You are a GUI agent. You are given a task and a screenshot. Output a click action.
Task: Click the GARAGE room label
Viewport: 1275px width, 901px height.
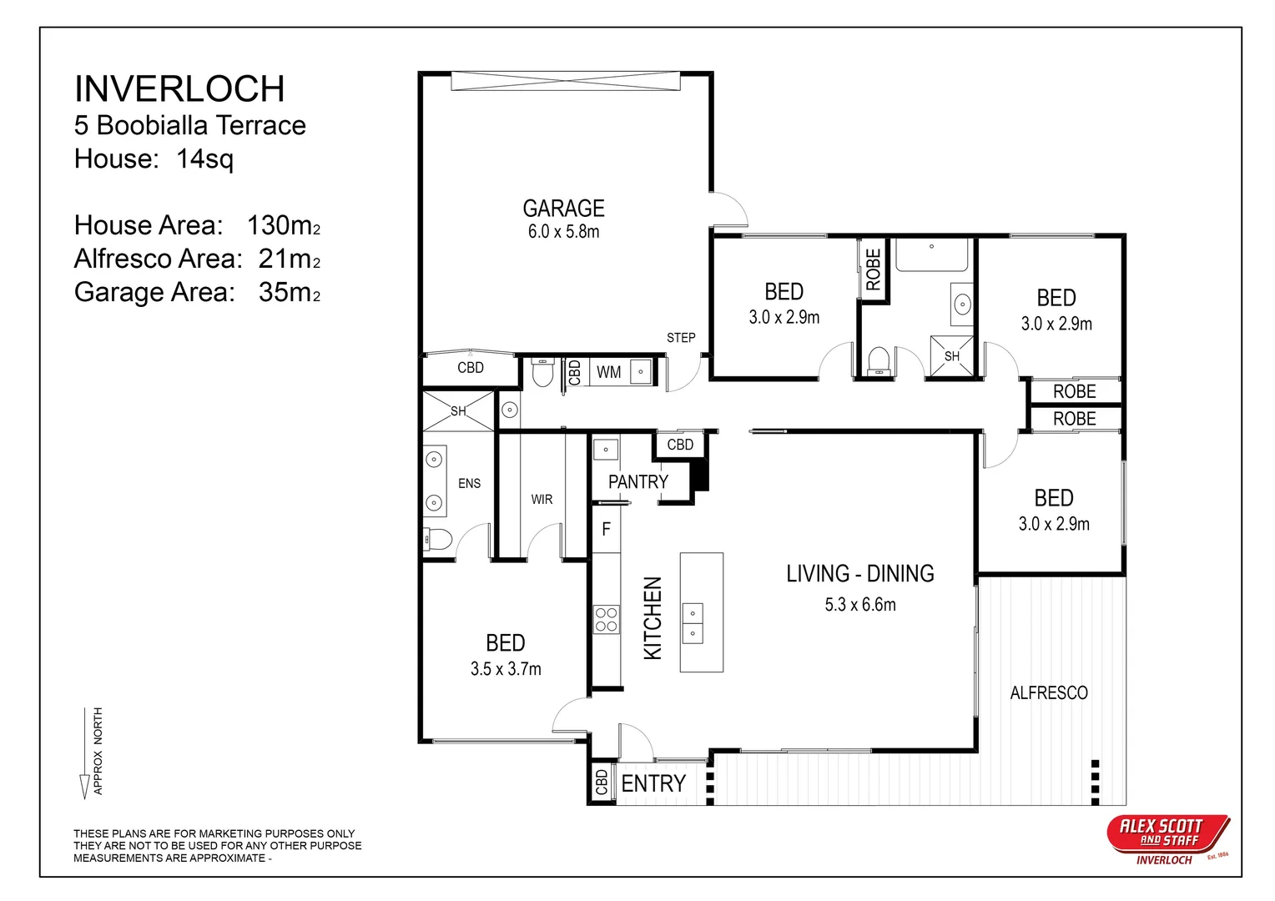pyautogui.click(x=563, y=209)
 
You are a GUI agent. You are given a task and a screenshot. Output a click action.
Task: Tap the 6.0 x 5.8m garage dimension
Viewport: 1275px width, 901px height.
pyautogui.click(x=563, y=232)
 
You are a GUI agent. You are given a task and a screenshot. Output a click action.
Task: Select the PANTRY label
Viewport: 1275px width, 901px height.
pyautogui.click(x=638, y=482)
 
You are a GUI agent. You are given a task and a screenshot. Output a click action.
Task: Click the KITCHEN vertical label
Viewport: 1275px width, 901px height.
pyautogui.click(x=653, y=618)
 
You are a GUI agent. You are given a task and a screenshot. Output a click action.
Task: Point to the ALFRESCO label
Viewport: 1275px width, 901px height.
pyautogui.click(x=1049, y=692)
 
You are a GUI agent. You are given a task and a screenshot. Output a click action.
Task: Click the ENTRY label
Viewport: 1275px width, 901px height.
pyautogui.click(x=653, y=783)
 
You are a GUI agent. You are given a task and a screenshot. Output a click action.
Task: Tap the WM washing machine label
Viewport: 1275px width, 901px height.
pyautogui.click(x=608, y=372)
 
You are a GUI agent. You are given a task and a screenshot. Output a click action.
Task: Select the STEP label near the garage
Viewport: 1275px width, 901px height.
pyautogui.click(x=681, y=338)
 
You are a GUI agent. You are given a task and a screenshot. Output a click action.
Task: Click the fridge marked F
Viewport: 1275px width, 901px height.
pyautogui.click(x=606, y=529)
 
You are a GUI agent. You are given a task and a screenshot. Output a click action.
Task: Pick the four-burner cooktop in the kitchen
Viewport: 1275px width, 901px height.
pyautogui.click(x=606, y=620)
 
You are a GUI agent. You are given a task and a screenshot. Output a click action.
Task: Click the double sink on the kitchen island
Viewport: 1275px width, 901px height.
pyautogui.click(x=693, y=623)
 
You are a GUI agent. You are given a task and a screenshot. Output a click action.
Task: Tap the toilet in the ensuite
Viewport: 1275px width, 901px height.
pyautogui.click(x=437, y=539)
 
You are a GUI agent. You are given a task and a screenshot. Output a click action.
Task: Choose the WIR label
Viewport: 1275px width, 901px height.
pyautogui.click(x=542, y=500)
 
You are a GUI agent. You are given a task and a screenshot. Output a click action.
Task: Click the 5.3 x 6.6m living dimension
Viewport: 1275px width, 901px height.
pyautogui.click(x=860, y=604)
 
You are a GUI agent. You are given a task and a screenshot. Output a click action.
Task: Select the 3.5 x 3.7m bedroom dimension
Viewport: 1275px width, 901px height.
pyautogui.click(x=506, y=668)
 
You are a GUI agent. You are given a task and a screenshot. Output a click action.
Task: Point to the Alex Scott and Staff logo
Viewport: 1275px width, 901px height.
pyautogui.click(x=1168, y=839)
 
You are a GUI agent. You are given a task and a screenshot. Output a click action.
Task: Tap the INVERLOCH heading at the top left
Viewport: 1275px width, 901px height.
pyautogui.click(x=179, y=88)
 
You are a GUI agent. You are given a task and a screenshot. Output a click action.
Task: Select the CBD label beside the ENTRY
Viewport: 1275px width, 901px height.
pyautogui.click(x=602, y=783)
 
